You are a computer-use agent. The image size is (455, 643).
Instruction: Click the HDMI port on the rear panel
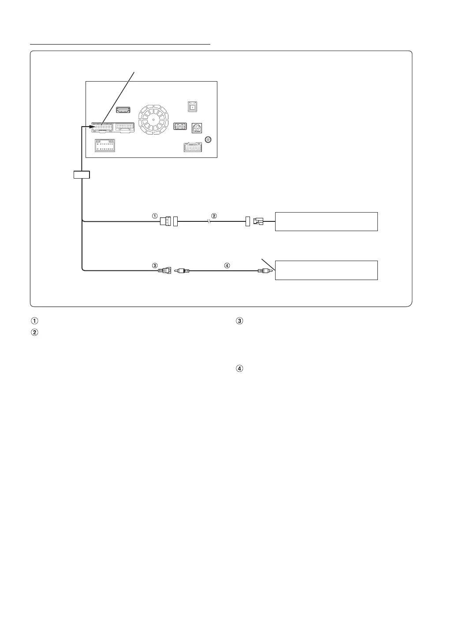pyautogui.click(x=123, y=110)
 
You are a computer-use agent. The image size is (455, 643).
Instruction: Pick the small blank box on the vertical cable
pyautogui.click(x=82, y=175)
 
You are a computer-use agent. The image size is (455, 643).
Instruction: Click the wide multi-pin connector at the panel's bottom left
pyautogui.click(x=105, y=146)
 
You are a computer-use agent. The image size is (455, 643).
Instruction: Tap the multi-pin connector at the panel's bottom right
pyautogui.click(x=193, y=147)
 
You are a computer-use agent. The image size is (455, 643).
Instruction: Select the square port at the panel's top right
pyautogui.click(x=193, y=107)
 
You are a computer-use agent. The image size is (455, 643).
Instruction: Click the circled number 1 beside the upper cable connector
pyautogui.click(x=155, y=216)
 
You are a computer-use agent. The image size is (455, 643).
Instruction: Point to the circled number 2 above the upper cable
pyautogui.click(x=214, y=216)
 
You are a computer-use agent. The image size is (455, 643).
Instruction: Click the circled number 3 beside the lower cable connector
pyautogui.click(x=155, y=265)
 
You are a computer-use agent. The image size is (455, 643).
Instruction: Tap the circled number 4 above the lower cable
pyautogui.click(x=227, y=265)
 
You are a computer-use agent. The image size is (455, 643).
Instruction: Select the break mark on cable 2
pyautogui.click(x=209, y=222)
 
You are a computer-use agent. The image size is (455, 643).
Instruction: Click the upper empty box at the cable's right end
pyautogui.click(x=326, y=221)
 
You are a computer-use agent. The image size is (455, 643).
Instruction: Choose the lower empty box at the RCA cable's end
pyautogui.click(x=326, y=270)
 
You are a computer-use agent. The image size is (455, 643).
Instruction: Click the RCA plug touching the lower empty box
pyautogui.click(x=265, y=270)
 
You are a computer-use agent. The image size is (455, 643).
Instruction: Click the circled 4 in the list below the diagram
pyautogui.click(x=240, y=369)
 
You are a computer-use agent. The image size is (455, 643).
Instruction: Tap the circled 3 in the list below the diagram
pyautogui.click(x=240, y=321)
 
